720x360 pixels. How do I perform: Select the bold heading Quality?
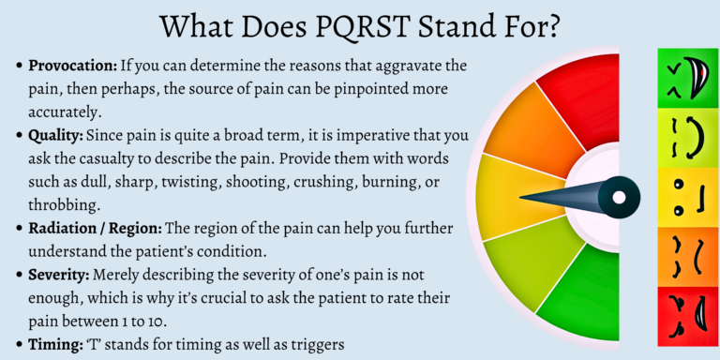pyautogui.click(x=54, y=134)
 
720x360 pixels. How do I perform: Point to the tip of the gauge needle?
pyautogui.click(x=523, y=197)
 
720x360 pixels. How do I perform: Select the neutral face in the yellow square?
pyautogui.click(x=685, y=197)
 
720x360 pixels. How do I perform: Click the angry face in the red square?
pyautogui.click(x=685, y=313)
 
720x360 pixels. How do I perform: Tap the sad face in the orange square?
pyautogui.click(x=685, y=255)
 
